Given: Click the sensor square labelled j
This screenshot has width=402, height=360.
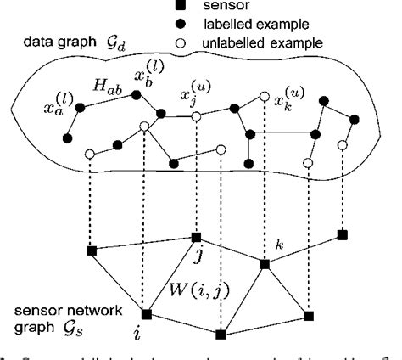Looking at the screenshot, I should (196, 237).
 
